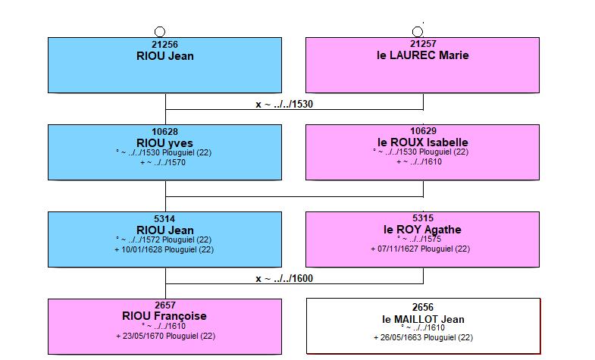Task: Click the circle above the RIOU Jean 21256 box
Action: coord(160,32)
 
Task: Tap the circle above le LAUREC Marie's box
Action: coord(418,32)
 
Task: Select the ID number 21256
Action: coord(164,45)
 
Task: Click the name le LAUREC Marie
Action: coord(423,55)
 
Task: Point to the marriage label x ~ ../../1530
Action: coord(284,105)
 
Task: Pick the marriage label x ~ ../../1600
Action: coord(284,279)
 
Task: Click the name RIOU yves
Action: coord(164,143)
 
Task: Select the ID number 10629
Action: coord(423,131)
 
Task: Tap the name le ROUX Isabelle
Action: coord(423,142)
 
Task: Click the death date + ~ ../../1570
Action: coord(163,162)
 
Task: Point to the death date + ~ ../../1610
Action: coord(419,161)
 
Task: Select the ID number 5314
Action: coord(164,219)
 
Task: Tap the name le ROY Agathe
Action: coord(422,230)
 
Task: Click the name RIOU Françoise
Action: coord(164,316)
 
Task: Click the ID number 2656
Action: coord(423,307)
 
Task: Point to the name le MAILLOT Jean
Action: coord(423,319)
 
